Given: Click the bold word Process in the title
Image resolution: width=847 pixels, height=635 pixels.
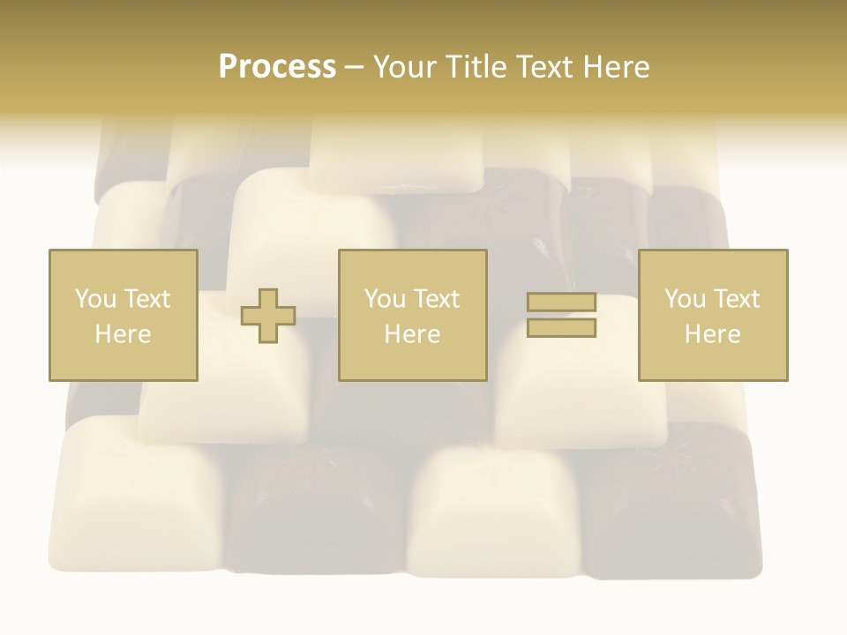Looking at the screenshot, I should point(277,67).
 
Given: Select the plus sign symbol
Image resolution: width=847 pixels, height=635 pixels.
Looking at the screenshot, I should point(268,315).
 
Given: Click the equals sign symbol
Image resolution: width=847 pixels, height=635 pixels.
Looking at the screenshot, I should point(561,315).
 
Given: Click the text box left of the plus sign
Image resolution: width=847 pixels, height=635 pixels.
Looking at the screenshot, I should point(124,315).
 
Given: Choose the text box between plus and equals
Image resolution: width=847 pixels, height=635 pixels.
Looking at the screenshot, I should point(412,315).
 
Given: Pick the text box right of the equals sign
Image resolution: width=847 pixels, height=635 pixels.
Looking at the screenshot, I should point(713,315).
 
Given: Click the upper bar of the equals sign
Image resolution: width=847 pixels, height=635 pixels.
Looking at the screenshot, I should point(561,303).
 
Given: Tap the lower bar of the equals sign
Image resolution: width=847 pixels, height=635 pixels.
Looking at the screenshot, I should point(561,328).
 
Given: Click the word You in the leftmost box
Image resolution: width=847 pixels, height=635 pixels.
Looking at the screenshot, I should point(94,299).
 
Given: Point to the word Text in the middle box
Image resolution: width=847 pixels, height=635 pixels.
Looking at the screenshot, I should point(436,299).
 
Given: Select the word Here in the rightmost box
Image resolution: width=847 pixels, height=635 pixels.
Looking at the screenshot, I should point(713,334).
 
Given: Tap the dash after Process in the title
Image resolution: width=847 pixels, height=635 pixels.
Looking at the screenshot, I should point(354,68).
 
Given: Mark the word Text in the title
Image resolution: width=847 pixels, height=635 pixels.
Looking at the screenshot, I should point(543,67).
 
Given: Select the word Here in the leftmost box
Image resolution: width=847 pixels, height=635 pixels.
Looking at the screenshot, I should point(124,334).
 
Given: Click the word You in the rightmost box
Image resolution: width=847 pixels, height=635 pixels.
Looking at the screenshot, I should point(685,299).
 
